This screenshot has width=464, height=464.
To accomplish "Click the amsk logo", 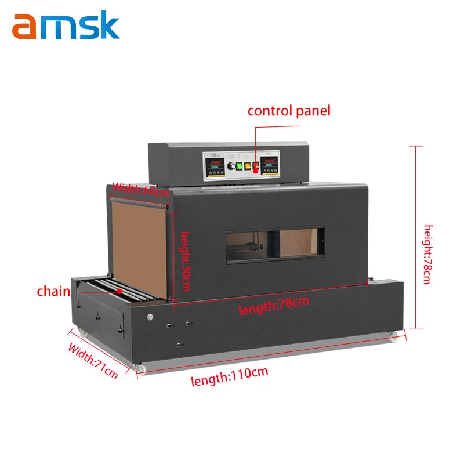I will point(66,27).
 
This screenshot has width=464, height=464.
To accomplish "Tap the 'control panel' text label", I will point(288,111).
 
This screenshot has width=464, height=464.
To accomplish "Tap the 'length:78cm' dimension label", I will point(274,304).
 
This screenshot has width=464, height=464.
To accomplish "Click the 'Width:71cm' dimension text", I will point(93,361).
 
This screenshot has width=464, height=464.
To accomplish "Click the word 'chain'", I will point(53,291).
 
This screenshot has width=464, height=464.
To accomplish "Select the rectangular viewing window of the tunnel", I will point(273,244).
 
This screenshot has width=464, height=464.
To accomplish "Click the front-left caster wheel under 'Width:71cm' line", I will point(139,368).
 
